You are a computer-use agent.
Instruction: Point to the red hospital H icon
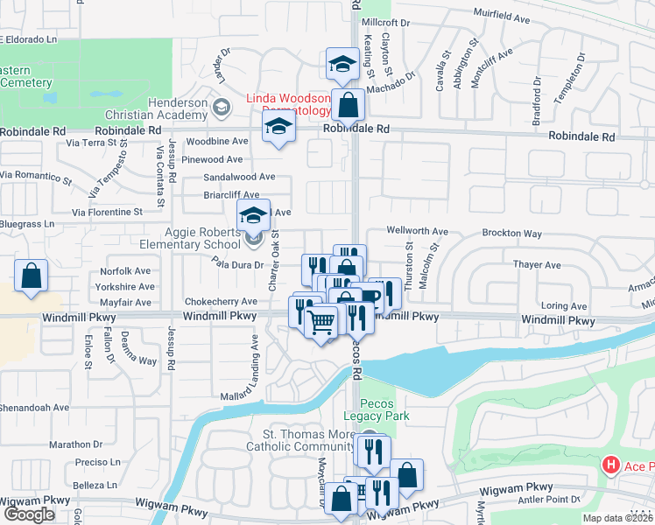(x=611, y=465)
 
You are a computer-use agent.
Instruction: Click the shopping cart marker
(x=321, y=324)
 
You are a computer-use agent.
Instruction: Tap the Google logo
(x=28, y=514)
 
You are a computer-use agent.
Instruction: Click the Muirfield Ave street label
(x=504, y=15)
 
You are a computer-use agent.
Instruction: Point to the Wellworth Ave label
(x=419, y=232)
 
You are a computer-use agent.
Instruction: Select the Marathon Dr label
(x=76, y=444)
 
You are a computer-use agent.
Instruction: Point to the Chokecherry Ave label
(x=220, y=301)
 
